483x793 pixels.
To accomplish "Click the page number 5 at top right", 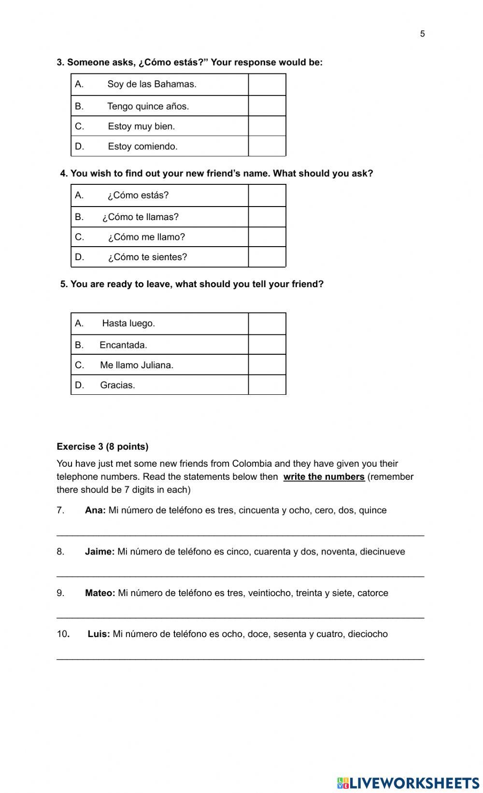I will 422,34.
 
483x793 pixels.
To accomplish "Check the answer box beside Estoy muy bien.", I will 267,126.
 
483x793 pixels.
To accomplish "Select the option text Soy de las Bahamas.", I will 152,84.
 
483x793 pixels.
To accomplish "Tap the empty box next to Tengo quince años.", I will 267,106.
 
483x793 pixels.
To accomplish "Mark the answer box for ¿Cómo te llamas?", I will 267,217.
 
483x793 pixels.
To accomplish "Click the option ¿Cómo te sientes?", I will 147,257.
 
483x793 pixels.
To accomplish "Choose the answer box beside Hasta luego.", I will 267,323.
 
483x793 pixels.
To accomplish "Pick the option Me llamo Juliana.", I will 137,365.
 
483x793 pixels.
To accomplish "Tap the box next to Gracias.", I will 267,385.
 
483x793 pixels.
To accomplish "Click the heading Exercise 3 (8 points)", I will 102,446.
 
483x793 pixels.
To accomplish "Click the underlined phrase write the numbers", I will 324,477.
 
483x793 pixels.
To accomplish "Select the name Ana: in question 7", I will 95,510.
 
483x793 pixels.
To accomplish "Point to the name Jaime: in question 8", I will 99,552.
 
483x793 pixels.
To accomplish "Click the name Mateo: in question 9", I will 100,593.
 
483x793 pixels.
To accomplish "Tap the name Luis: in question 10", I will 99,634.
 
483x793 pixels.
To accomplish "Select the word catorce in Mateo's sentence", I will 372,593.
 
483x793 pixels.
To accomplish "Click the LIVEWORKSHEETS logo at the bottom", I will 408,783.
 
